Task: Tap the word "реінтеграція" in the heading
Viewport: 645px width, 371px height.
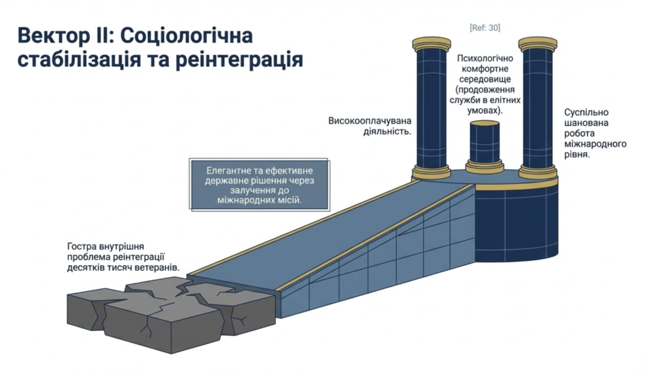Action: [x=245, y=60]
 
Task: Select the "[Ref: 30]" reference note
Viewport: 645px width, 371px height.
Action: [x=484, y=28]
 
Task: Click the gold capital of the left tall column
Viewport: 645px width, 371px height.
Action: [x=431, y=44]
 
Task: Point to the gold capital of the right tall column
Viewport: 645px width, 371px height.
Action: [x=538, y=44]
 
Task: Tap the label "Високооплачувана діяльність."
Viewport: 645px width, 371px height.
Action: [x=369, y=126]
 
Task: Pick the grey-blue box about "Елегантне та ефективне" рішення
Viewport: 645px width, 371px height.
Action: [x=260, y=185]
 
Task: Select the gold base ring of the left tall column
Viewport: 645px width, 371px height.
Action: [x=431, y=172]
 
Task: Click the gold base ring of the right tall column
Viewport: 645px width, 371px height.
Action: [x=538, y=172]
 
